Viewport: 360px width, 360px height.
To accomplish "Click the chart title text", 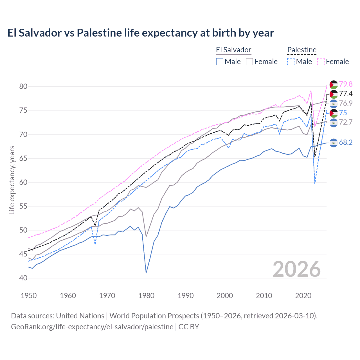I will (x=141, y=33).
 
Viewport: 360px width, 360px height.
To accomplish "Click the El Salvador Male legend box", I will (x=220, y=62).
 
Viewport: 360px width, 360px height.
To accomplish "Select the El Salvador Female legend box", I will (x=249, y=62).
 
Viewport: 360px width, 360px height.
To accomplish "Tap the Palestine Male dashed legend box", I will (x=291, y=62).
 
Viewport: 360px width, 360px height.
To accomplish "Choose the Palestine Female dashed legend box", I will (x=321, y=62).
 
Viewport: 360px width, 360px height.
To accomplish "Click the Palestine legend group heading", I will (x=302, y=50).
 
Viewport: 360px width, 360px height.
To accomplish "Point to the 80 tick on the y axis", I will (x=23, y=86).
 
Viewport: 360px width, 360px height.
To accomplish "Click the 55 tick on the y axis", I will (x=23, y=206).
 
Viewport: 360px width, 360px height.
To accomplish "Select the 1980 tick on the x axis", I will (x=146, y=296).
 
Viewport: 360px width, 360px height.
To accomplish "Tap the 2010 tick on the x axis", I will (x=264, y=296).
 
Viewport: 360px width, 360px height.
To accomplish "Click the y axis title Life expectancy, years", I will (x=12, y=180).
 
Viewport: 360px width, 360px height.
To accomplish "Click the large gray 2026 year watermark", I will (x=297, y=269).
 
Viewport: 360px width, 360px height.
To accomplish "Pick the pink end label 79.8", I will (x=346, y=84).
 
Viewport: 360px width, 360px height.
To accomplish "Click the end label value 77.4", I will (x=346, y=94).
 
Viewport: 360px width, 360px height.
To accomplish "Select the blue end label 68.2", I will (x=346, y=142).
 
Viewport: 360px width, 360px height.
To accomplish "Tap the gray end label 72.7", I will (x=346, y=122).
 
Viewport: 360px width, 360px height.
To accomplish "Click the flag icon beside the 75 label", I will (x=334, y=113).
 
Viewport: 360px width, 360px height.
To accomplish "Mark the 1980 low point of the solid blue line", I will (x=146, y=273).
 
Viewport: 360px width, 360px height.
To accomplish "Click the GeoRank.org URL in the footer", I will (x=92, y=327).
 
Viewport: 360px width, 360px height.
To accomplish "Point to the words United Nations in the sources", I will (x=80, y=316).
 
